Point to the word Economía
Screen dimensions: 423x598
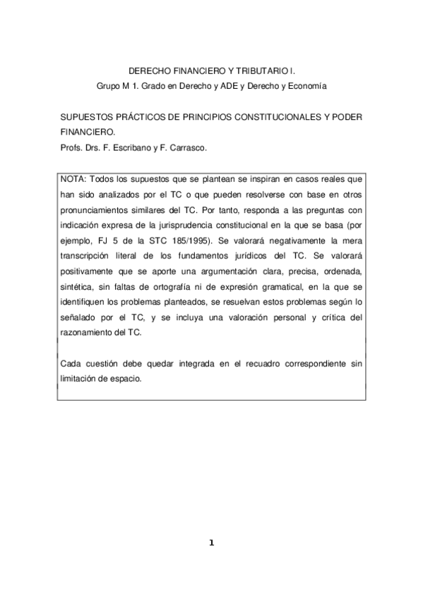pos(304,86)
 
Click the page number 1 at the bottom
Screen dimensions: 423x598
pos(210,542)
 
